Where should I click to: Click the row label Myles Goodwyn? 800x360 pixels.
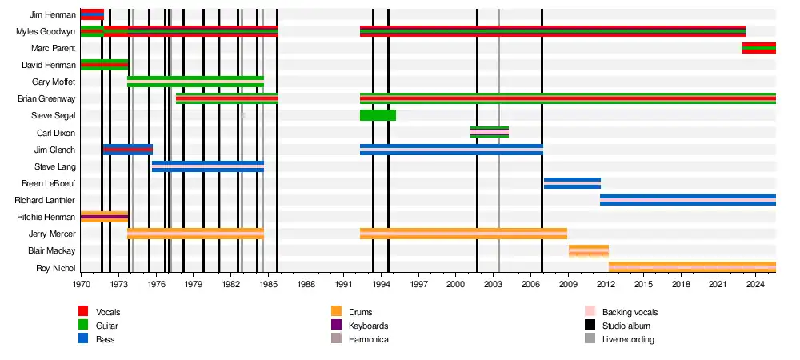click(x=46, y=31)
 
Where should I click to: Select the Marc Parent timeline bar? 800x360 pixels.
click(x=758, y=48)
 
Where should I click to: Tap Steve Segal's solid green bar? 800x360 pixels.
click(x=378, y=115)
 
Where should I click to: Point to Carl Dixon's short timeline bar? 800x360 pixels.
click(x=489, y=132)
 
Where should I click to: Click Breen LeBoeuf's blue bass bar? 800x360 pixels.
click(x=572, y=183)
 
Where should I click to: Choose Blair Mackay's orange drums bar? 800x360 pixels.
click(x=588, y=250)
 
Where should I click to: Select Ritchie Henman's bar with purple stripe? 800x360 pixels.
click(x=104, y=217)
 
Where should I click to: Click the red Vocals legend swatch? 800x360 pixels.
click(x=83, y=311)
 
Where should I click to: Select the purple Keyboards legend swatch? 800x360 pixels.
click(x=337, y=326)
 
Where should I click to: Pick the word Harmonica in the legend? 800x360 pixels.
click(x=368, y=339)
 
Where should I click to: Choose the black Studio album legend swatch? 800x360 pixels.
click(x=590, y=326)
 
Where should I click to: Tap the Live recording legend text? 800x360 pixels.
click(x=628, y=339)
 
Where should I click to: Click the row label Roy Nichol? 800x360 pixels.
click(x=56, y=268)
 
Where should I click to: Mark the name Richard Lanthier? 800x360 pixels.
click(x=45, y=200)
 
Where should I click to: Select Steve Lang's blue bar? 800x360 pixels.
click(x=208, y=166)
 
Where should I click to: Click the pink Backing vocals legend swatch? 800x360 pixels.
click(x=590, y=311)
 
